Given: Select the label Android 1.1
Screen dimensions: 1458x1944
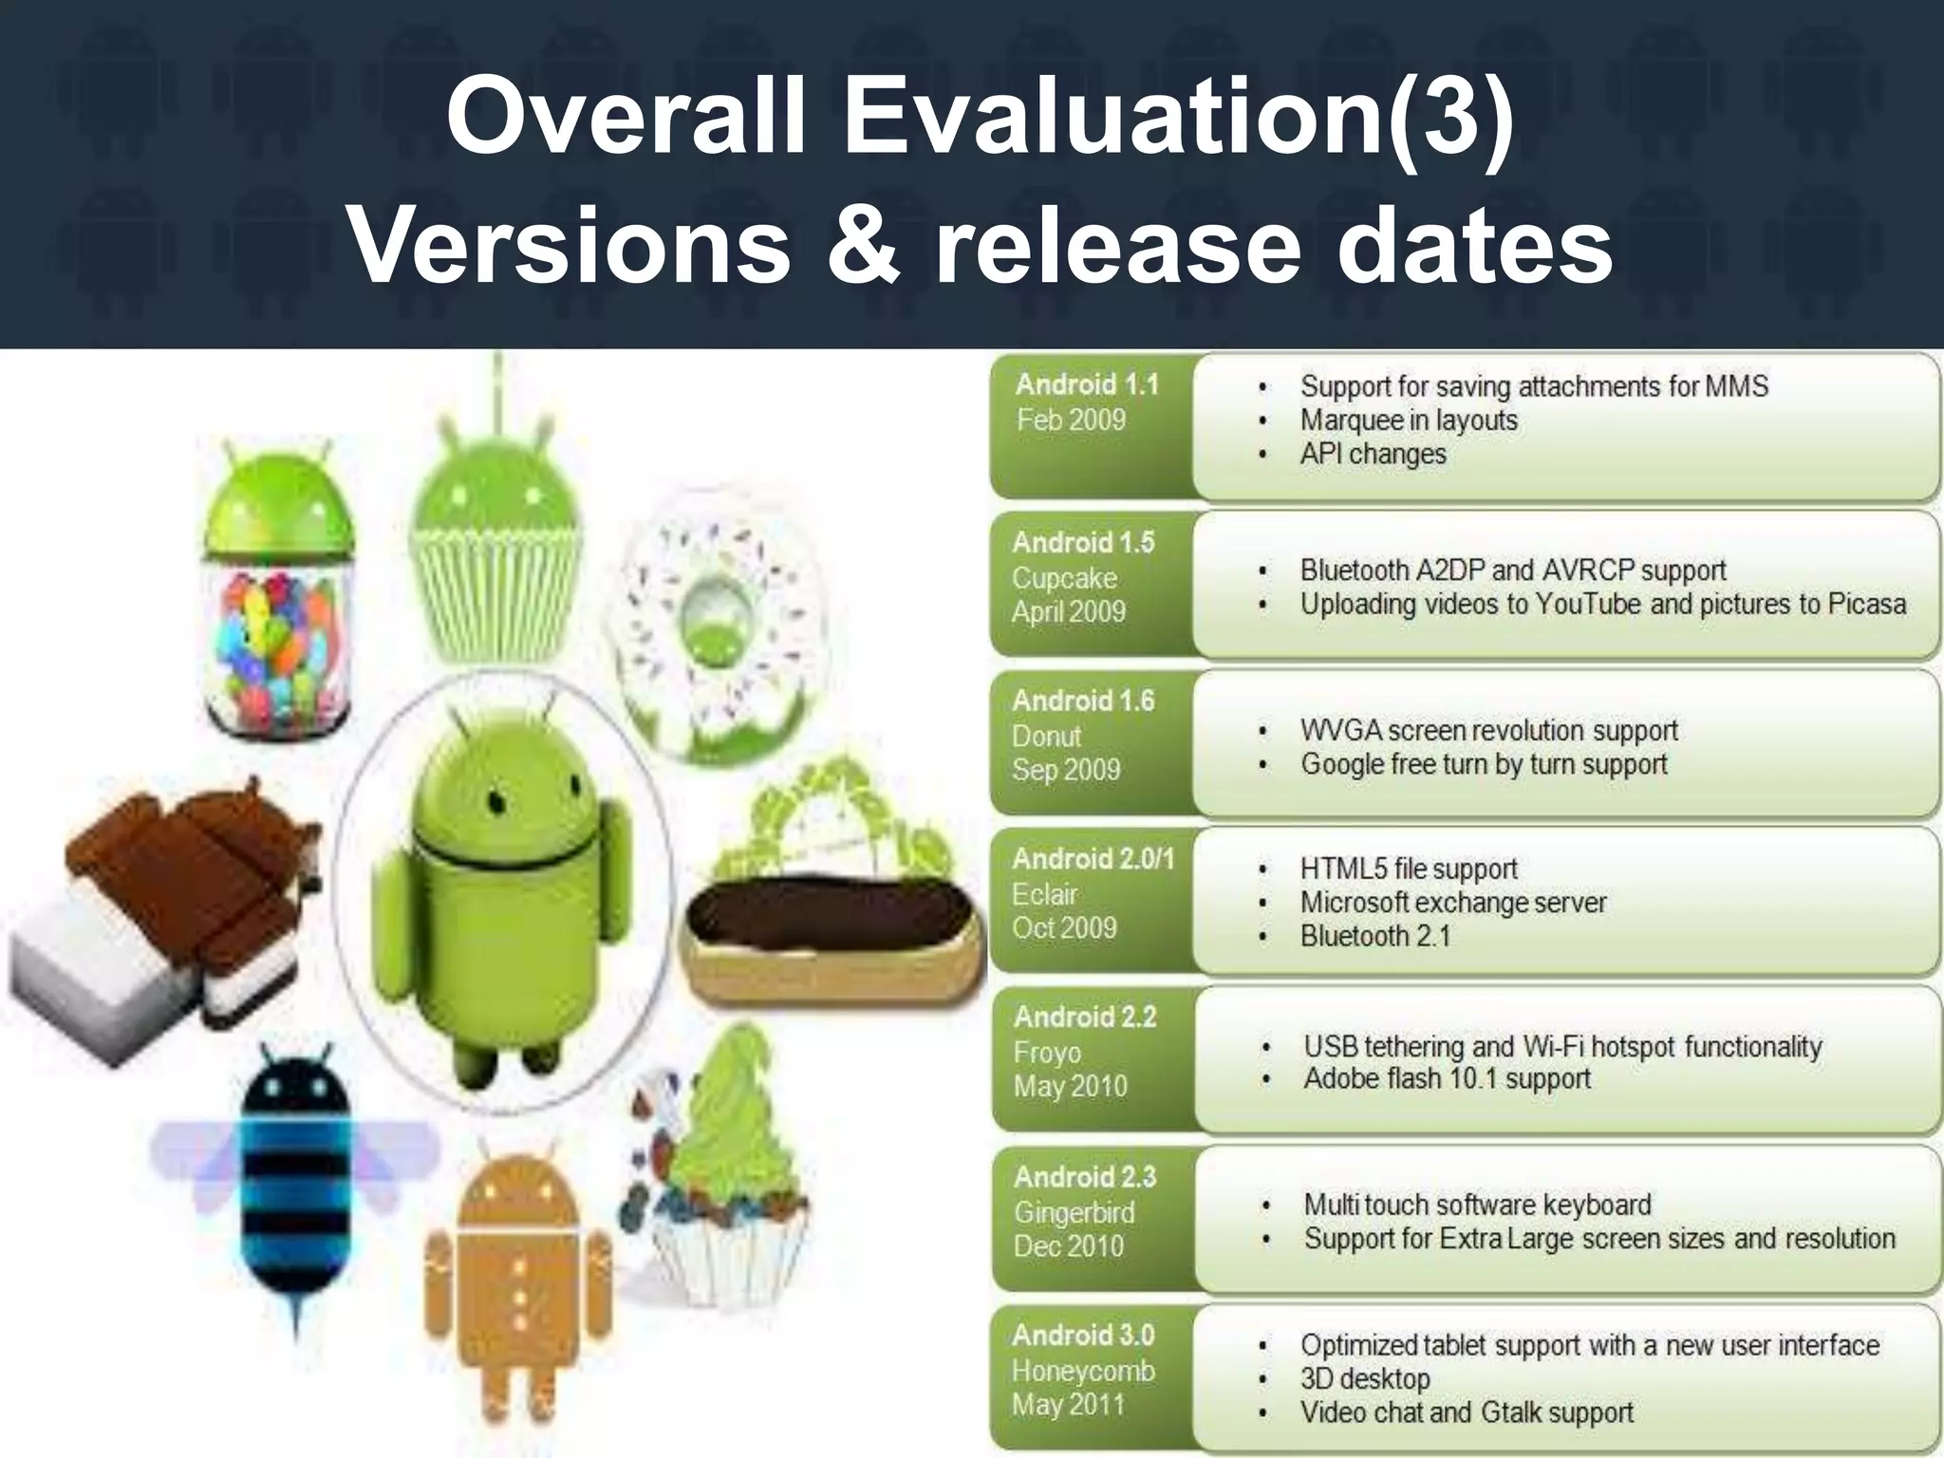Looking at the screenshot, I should (x=1087, y=384).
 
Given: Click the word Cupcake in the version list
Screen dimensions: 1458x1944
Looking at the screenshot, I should (x=1064, y=578).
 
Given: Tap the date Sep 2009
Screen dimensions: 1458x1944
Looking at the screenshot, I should (x=1066, y=770).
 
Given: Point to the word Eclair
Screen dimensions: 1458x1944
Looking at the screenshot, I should (x=1044, y=894).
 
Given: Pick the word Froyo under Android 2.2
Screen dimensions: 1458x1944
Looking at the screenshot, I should (x=1047, y=1053).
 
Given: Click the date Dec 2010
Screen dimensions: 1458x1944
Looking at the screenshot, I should (x=1068, y=1246).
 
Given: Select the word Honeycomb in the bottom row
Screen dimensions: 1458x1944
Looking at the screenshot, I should (x=1083, y=1371).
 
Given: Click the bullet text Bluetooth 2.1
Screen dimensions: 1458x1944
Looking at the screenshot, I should (x=1375, y=937).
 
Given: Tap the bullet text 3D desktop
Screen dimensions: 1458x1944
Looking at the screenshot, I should (x=1365, y=1379).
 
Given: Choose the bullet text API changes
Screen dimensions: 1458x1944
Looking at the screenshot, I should (x=1373, y=455).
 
